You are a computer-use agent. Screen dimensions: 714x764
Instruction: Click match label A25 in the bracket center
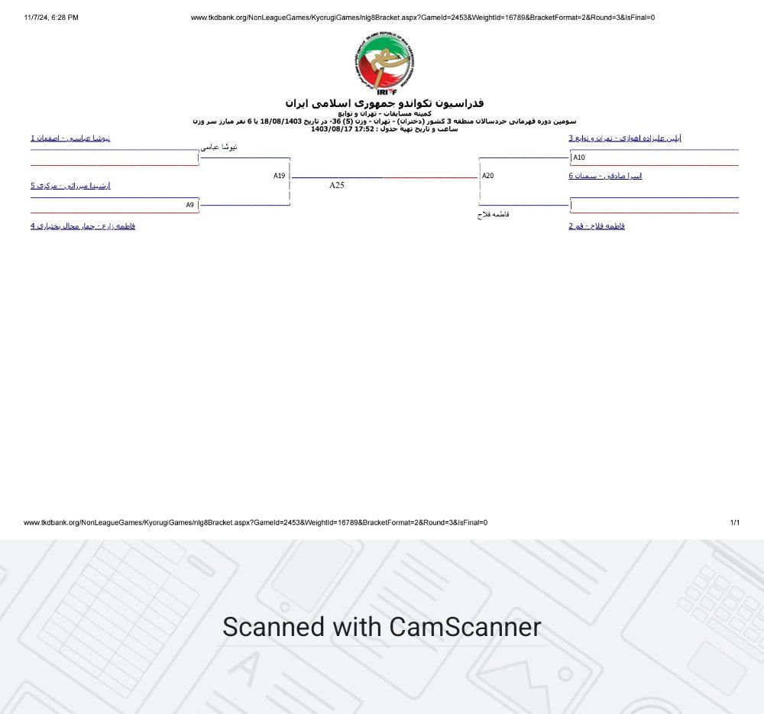[x=337, y=185]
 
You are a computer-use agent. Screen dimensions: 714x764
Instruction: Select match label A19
[x=280, y=176]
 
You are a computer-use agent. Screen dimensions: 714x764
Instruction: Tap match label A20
[x=487, y=176]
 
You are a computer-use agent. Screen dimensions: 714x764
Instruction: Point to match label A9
[x=189, y=205]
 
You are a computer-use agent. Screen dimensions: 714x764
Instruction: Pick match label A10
[x=579, y=157]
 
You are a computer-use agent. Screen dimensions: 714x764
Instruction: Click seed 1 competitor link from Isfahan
[x=70, y=138]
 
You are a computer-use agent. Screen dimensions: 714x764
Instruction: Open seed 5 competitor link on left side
[x=70, y=186]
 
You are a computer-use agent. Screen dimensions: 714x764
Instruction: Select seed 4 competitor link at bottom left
[x=83, y=226]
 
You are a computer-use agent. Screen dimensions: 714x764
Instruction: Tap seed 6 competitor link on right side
[x=605, y=176]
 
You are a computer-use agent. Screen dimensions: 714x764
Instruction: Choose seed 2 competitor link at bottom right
[x=597, y=226]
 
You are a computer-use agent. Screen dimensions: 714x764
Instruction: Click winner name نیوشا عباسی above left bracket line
[x=219, y=147]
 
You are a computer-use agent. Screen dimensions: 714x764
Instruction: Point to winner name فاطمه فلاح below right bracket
[x=493, y=215]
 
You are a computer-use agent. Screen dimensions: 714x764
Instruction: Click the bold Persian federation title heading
[x=384, y=102]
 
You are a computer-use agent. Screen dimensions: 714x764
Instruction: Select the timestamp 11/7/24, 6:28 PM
[x=51, y=18]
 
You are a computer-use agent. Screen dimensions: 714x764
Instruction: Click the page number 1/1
[x=734, y=523]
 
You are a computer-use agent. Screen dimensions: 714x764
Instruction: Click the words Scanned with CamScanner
[x=381, y=627]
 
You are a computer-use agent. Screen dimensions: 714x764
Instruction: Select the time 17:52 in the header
[x=364, y=129]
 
